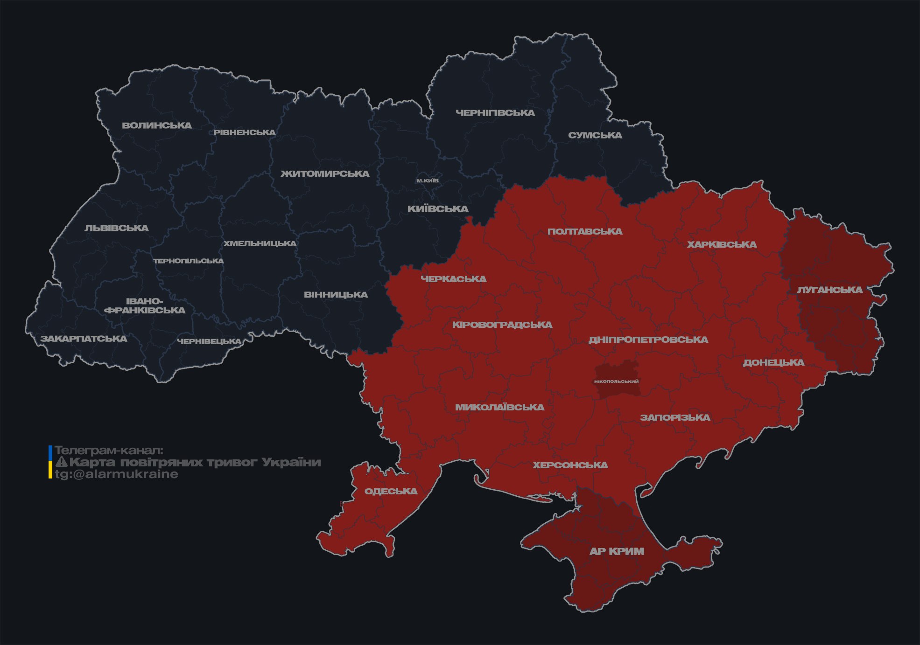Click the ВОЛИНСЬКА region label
(157, 125)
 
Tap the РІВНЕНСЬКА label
(245, 132)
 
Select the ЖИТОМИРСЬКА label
(325, 174)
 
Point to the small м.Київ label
(428, 180)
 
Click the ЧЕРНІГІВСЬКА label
(495, 113)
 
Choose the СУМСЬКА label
(595, 135)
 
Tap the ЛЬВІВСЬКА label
(117, 228)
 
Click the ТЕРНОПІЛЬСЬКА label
(189, 261)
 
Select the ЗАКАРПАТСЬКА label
(84, 339)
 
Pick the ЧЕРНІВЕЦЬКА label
(209, 341)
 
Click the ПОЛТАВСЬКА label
(585, 231)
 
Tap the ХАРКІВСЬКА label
(722, 244)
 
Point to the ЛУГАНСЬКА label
(829, 290)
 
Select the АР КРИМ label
(617, 551)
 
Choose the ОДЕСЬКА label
(391, 491)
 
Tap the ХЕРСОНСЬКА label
(570, 465)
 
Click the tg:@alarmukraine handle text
(117, 474)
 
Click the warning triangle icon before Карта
(61, 462)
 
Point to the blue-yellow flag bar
(50, 462)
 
